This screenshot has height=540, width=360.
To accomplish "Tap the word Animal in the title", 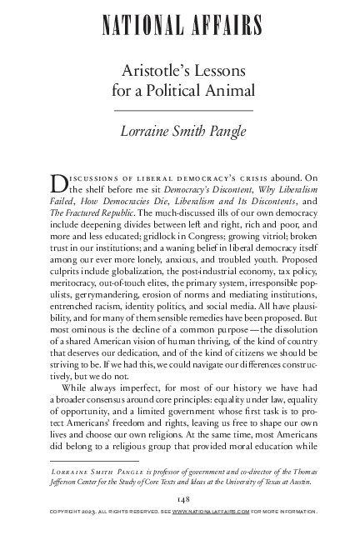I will point(222,92).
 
